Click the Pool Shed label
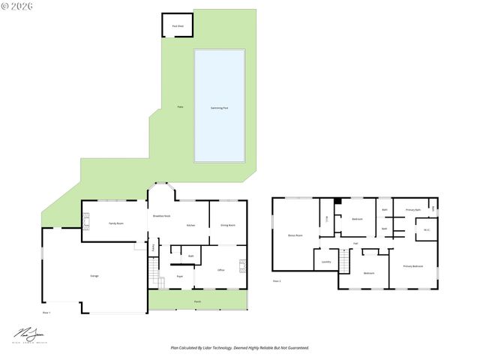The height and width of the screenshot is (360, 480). (178, 25)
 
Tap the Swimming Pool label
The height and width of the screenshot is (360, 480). (220, 108)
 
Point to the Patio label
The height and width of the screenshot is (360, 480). (180, 106)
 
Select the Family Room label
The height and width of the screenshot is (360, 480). (115, 223)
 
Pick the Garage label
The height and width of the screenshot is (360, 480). (94, 276)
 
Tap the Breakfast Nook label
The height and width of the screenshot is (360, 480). (162, 216)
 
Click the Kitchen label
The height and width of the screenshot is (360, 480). (190, 225)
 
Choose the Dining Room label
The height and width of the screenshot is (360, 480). (228, 225)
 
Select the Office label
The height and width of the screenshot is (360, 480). (221, 270)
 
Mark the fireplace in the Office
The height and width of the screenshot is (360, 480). (242, 265)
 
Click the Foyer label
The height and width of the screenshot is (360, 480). (180, 277)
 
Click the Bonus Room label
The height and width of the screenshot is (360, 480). (295, 235)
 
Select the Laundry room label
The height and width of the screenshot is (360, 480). (326, 262)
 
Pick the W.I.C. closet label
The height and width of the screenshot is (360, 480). (426, 230)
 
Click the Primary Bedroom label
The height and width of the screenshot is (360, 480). (413, 266)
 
